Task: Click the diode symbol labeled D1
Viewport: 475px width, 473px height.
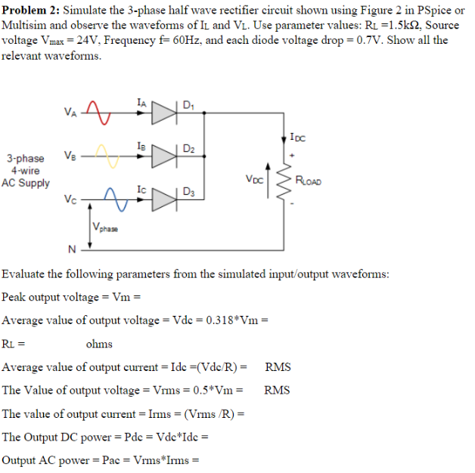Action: pos(164,113)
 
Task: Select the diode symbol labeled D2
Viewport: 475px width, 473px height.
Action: pos(164,156)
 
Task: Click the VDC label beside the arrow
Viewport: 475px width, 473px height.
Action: pos(255,180)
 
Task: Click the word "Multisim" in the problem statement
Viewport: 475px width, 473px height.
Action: pos(23,26)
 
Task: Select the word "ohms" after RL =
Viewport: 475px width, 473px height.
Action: pos(99,344)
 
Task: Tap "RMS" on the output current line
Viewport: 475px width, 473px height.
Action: pos(278,367)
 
